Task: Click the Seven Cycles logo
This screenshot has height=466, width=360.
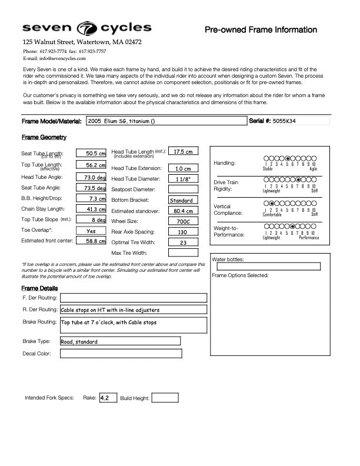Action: point(86,28)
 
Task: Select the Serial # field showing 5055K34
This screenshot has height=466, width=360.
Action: point(301,121)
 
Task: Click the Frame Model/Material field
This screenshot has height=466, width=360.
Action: point(166,121)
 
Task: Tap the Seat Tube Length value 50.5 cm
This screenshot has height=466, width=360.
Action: point(91,154)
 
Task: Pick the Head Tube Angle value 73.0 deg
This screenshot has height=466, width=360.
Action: point(91,177)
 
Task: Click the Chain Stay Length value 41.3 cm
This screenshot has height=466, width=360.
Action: point(91,209)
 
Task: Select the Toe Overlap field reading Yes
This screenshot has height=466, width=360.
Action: point(91,231)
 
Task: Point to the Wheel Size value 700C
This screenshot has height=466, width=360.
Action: point(183,221)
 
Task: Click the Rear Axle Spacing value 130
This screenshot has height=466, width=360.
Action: point(183,232)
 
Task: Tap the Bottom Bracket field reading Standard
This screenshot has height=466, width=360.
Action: point(183,200)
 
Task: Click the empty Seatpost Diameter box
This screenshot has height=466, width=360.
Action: point(183,189)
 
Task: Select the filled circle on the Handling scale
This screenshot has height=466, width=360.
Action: point(287,158)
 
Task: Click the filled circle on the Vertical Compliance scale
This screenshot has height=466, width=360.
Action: point(272,203)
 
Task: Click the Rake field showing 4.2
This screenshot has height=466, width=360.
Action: point(108,398)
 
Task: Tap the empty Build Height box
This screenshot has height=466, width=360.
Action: point(165,398)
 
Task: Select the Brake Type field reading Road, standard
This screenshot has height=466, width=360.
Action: point(120,341)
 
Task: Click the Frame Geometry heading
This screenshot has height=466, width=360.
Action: point(44,137)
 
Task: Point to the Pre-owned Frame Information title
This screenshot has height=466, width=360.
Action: point(261,30)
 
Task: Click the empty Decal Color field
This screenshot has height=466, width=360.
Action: point(121,354)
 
